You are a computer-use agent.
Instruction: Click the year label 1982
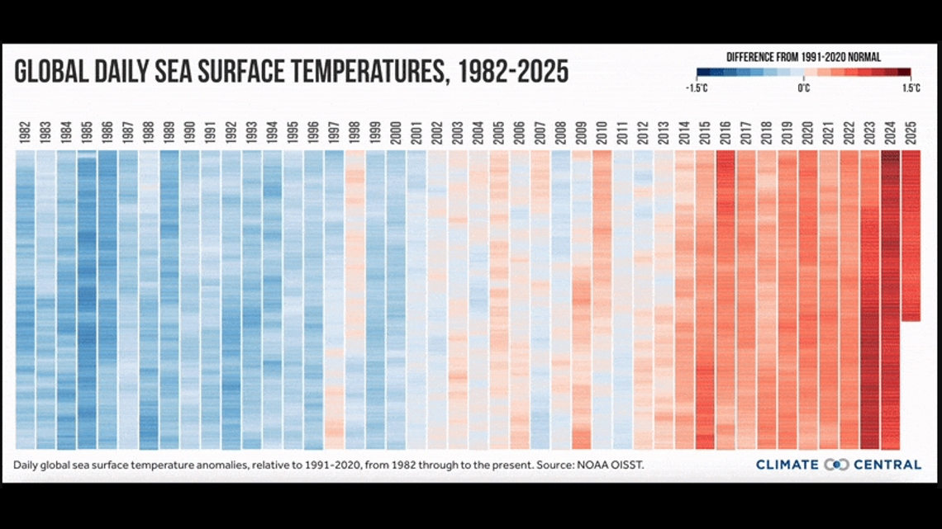click(x=26, y=133)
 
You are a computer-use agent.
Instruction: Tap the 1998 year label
click(x=355, y=133)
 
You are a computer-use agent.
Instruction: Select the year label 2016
click(x=726, y=133)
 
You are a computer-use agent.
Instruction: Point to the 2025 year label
click(x=911, y=133)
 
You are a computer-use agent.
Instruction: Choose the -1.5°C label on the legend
click(x=697, y=88)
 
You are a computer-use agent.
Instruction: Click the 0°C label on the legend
click(x=803, y=88)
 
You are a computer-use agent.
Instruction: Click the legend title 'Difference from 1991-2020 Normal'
click(x=802, y=58)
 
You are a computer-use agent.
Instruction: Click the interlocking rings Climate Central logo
click(x=837, y=465)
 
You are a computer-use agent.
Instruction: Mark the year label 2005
click(x=499, y=133)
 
